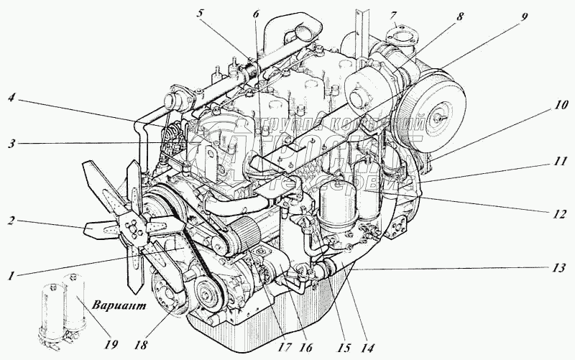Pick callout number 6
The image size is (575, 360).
click(257, 14)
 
